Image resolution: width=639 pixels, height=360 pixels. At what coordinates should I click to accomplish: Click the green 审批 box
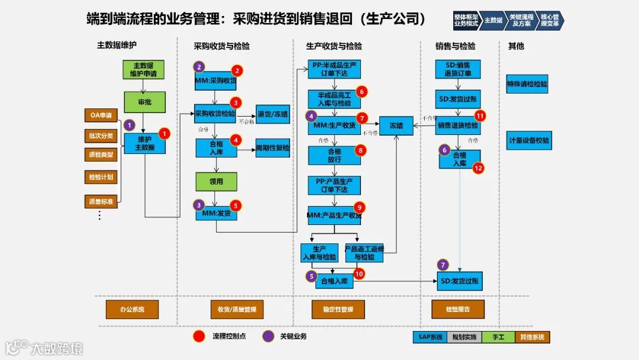pyautogui.click(x=144, y=102)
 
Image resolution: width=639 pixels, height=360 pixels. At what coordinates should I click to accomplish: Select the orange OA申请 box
pyautogui.click(x=101, y=115)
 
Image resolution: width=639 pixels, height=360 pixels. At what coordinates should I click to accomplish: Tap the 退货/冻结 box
pyautogui.click(x=273, y=114)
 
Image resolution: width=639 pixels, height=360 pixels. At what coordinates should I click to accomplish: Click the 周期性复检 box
pyautogui.click(x=273, y=148)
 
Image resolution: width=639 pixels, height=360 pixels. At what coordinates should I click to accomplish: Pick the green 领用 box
pyautogui.click(x=216, y=182)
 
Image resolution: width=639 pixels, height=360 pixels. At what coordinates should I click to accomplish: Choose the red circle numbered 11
pyautogui.click(x=480, y=115)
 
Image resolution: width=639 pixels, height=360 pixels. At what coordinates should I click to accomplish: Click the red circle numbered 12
pyautogui.click(x=479, y=168)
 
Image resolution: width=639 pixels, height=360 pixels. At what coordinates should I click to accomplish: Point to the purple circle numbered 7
pyautogui.click(x=443, y=265)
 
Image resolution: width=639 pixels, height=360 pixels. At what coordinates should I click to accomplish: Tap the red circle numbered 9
pyautogui.click(x=360, y=207)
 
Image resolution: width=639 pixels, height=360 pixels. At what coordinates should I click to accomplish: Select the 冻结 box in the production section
pyautogui.click(x=396, y=126)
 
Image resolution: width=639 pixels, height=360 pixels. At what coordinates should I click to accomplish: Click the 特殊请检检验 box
pyautogui.click(x=527, y=84)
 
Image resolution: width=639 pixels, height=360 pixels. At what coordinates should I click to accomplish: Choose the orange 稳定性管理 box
pyautogui.click(x=338, y=309)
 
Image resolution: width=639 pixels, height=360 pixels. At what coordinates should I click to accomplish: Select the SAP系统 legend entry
pyautogui.click(x=430, y=337)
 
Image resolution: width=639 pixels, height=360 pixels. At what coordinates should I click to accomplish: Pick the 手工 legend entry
pyautogui.click(x=498, y=337)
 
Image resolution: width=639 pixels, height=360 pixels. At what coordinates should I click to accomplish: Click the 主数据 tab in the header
pyautogui.click(x=493, y=21)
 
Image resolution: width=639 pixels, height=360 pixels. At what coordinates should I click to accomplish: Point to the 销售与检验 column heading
pyautogui.click(x=455, y=46)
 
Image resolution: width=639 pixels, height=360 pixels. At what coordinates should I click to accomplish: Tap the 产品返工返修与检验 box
pyautogui.click(x=364, y=253)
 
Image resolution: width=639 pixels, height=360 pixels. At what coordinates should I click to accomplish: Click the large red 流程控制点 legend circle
pyautogui.click(x=199, y=336)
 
